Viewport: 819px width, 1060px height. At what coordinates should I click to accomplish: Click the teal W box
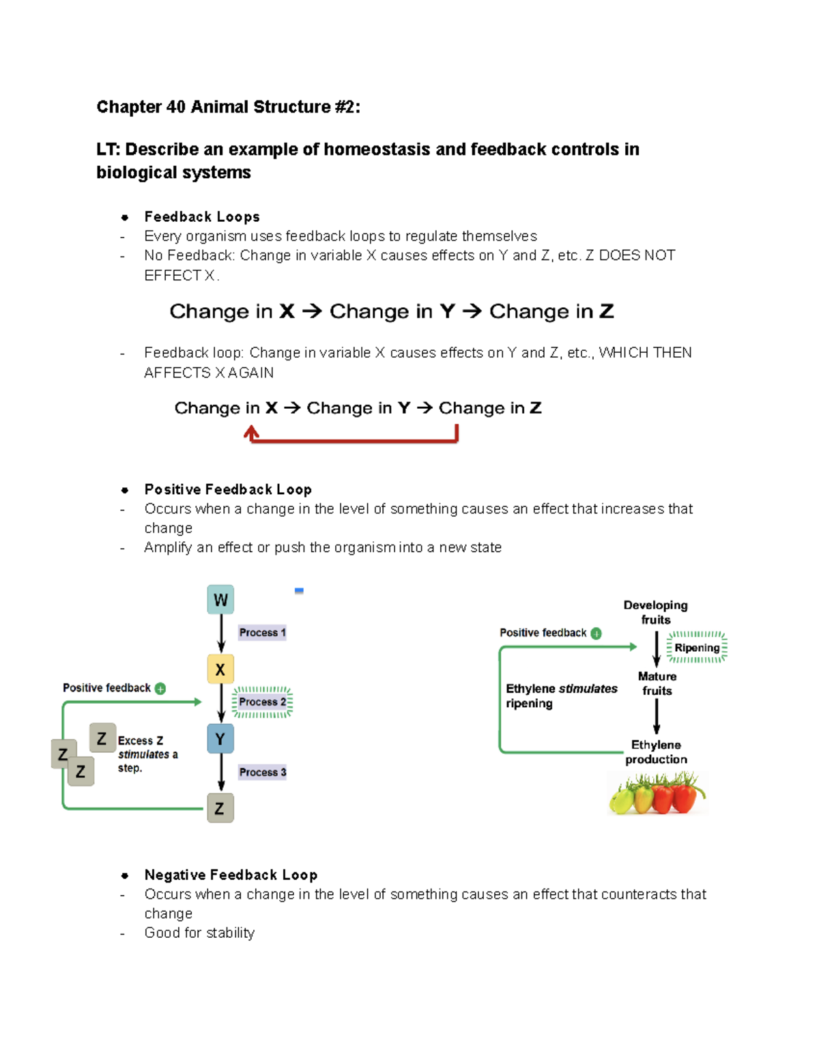[x=220, y=600]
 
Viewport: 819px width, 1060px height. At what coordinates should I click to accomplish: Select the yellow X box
[x=220, y=670]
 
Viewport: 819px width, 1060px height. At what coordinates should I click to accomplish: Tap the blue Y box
[x=220, y=739]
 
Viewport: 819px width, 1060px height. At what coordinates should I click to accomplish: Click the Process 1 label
[x=262, y=633]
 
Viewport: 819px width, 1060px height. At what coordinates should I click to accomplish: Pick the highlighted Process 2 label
[x=263, y=702]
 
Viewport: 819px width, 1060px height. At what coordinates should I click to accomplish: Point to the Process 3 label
[x=262, y=772]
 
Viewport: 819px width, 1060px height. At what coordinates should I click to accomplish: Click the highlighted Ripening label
[x=697, y=648]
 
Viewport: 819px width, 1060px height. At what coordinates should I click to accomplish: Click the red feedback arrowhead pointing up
[x=251, y=431]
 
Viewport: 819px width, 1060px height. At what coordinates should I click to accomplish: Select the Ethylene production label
[x=656, y=752]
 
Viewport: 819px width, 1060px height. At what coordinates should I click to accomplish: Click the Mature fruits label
[x=657, y=683]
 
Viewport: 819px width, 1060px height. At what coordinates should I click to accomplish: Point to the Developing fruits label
[x=655, y=612]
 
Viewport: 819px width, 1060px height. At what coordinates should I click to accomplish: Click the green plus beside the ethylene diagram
[x=596, y=633]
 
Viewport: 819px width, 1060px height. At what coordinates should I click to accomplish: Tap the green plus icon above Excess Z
[x=160, y=689]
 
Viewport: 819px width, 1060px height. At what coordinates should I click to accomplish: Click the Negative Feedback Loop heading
[x=231, y=875]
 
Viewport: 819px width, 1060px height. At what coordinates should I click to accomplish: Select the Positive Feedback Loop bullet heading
[x=228, y=489]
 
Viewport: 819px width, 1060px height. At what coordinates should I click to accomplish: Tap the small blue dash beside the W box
[x=299, y=591]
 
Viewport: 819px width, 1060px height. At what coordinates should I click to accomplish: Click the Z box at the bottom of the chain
[x=220, y=808]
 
